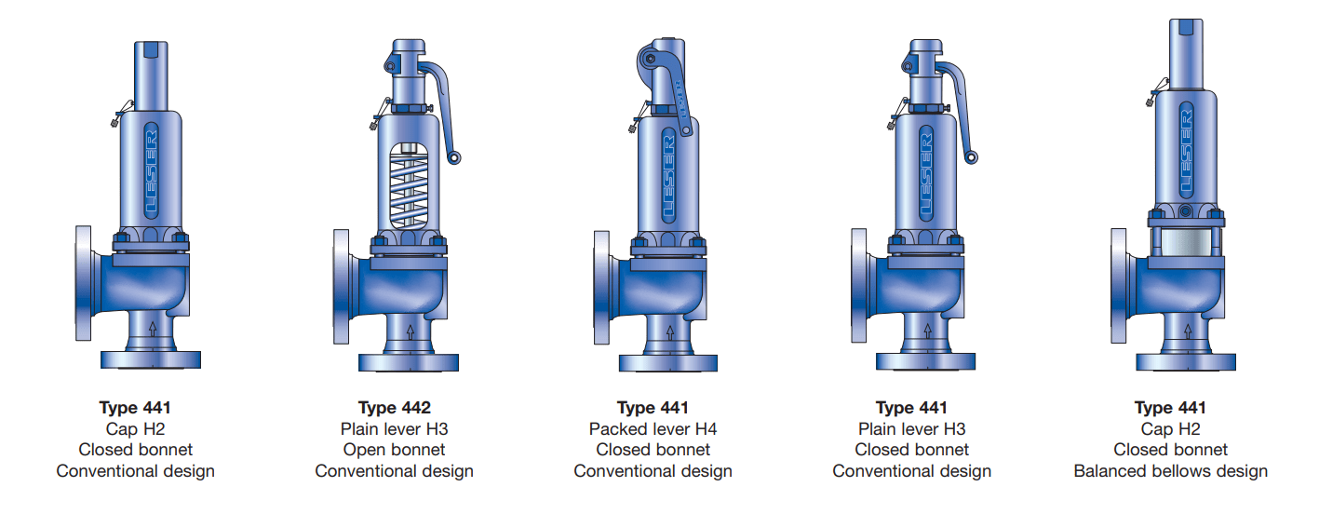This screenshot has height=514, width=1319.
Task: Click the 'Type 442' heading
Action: [394, 408]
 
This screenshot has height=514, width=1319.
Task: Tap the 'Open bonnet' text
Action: [394, 450]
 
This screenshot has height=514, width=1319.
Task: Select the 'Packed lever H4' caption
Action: [653, 428]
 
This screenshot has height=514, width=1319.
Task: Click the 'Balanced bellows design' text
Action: [1170, 471]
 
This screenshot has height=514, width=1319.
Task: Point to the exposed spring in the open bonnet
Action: [410, 186]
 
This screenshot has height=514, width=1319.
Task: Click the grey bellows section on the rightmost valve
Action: [1185, 242]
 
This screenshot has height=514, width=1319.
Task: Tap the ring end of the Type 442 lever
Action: [453, 157]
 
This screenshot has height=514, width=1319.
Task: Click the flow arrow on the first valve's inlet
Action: [153, 329]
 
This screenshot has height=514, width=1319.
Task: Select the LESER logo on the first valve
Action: [151, 170]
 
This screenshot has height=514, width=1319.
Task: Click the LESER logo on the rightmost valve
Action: [1186, 150]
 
